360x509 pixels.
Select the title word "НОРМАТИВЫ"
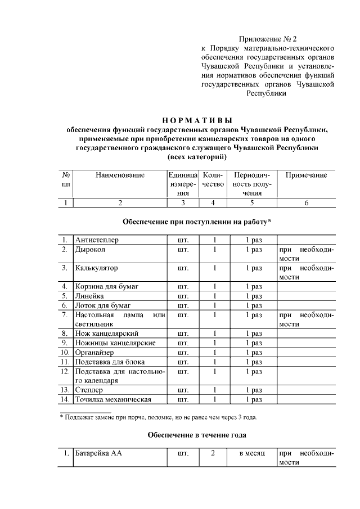pyautogui.click(x=197, y=120)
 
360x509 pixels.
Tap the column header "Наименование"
pyautogui.click(x=120, y=175)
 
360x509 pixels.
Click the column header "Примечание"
pyautogui.click(x=306, y=175)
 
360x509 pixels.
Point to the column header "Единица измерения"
pyautogui.click(x=182, y=184)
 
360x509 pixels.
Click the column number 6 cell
pyautogui.click(x=306, y=203)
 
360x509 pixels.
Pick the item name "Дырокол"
pyautogui.click(x=91, y=249)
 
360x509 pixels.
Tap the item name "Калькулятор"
pyautogui.click(x=97, y=268)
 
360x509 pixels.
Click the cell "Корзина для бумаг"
pyautogui.click(x=107, y=287)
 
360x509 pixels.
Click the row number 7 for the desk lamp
pyautogui.click(x=66, y=315)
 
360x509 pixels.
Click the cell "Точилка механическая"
pyautogui.click(x=113, y=399)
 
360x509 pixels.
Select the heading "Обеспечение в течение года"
pyautogui.click(x=197, y=435)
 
